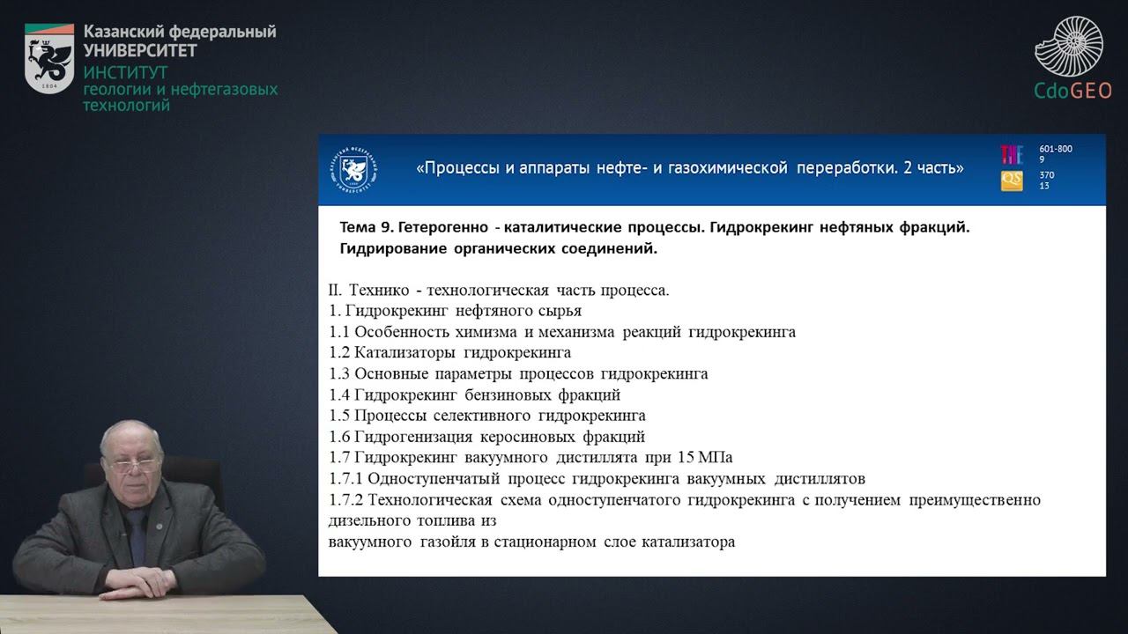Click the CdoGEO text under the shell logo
1073,90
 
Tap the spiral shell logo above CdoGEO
1069,46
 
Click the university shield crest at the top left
49,58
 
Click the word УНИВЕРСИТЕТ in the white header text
140,50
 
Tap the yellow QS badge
1012,181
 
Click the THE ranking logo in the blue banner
1012,154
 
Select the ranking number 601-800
1056,149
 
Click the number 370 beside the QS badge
1047,175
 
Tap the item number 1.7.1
345,479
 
